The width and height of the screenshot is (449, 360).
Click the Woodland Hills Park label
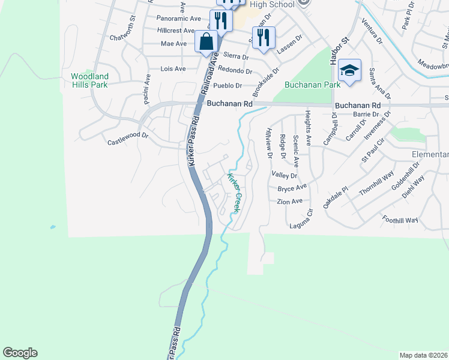[x=89, y=80]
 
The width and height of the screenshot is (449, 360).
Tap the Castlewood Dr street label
[x=127, y=139]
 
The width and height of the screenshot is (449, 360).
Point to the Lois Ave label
[x=173, y=69]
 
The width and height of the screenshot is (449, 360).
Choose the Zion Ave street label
[x=289, y=202]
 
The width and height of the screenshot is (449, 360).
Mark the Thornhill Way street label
[x=376, y=182]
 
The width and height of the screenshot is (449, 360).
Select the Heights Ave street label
[x=308, y=128]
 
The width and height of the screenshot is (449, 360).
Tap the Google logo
[x=20, y=353]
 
